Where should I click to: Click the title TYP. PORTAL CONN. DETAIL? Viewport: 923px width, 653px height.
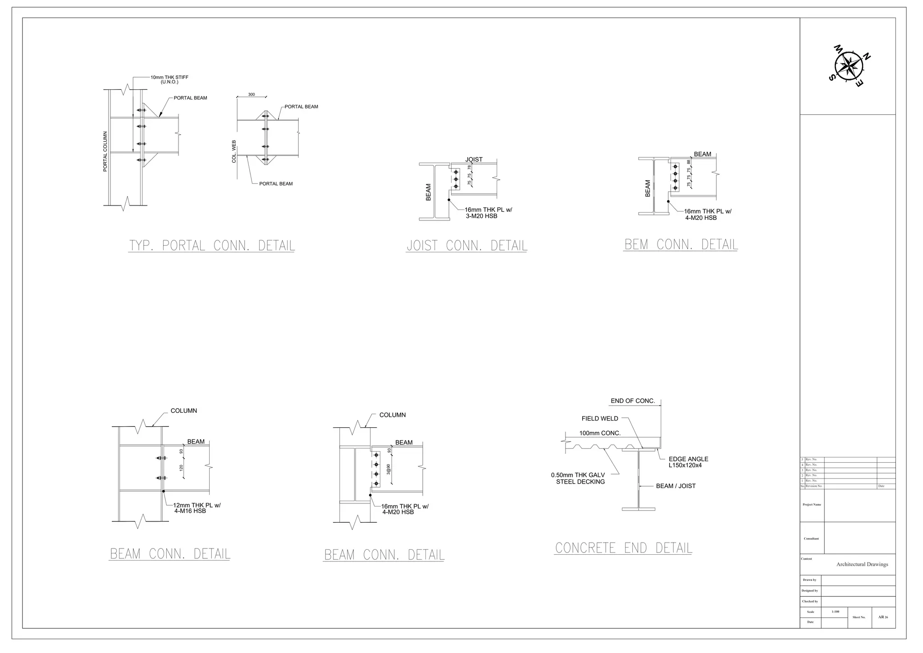click(x=211, y=246)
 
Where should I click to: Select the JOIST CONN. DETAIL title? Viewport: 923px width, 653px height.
click(x=466, y=246)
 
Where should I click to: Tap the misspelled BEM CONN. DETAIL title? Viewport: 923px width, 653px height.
click(x=681, y=245)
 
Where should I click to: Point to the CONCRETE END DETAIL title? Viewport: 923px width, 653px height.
click(x=623, y=548)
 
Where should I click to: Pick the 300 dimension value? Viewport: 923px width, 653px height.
click(x=251, y=95)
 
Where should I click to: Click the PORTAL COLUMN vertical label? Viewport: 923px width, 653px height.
click(x=105, y=151)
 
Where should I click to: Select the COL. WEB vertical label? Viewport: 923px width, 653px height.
click(x=234, y=151)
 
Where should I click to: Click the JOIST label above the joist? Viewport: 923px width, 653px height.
click(x=474, y=160)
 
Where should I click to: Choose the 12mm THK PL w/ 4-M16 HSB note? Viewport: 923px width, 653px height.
click(x=196, y=508)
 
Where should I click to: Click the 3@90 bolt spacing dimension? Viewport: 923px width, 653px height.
click(x=388, y=469)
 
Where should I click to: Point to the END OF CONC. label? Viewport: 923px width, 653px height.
click(x=632, y=401)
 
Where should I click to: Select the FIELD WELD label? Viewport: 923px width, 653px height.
click(x=600, y=419)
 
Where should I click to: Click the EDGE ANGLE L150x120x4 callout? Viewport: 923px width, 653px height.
click(x=688, y=462)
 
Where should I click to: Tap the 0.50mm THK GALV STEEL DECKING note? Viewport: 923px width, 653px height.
click(x=578, y=478)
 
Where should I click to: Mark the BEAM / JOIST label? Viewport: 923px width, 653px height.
click(x=676, y=486)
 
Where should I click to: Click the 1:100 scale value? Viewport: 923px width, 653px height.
click(x=835, y=612)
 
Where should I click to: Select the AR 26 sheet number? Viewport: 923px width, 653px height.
click(x=883, y=617)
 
